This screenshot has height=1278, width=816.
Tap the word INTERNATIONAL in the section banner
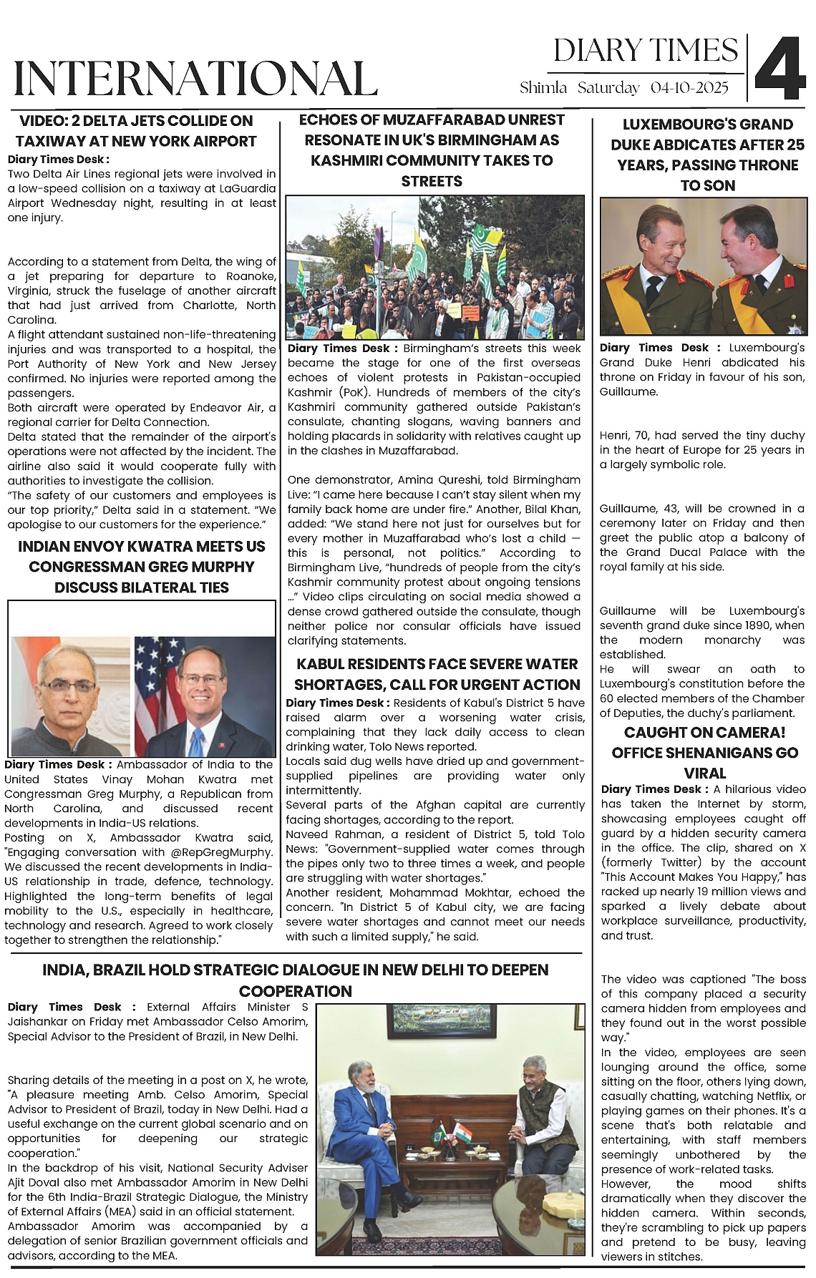(x=195, y=78)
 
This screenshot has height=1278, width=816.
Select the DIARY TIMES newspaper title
(x=645, y=51)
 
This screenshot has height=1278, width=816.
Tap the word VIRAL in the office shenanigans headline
(x=705, y=773)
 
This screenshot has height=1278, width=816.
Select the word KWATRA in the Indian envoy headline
(x=170, y=547)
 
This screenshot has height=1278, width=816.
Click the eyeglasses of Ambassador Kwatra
(x=69, y=686)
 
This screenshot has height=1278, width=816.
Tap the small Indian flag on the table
(x=463, y=1132)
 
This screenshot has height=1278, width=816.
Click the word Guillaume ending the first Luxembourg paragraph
(x=628, y=391)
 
